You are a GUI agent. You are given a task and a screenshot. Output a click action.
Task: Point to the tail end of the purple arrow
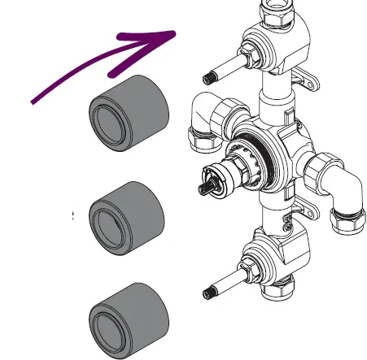(34, 101)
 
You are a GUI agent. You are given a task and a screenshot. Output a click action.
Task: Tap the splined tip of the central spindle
(203, 189)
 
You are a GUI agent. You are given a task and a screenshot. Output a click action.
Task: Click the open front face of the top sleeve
(109, 117)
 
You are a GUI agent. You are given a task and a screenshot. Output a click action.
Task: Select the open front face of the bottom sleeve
(107, 322)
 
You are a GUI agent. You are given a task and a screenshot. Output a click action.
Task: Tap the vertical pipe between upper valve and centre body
(273, 102)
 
